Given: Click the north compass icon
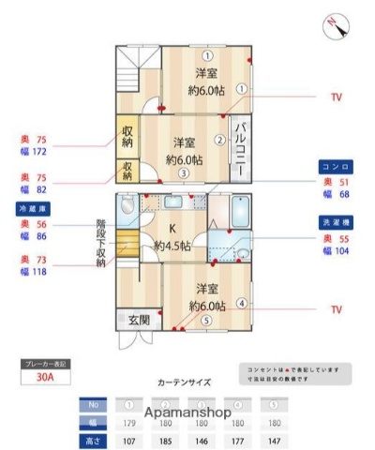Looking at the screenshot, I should pos(337,27).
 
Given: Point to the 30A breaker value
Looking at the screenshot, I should pos(45,380).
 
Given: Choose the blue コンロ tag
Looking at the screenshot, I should pos(336,163).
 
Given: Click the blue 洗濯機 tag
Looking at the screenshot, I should pos(336,223).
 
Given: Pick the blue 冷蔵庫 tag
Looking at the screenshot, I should pos(32,207).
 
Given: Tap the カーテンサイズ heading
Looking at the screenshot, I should pos(184,382).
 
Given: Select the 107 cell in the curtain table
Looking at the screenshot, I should pos(129,440).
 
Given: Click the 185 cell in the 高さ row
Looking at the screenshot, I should pos(166,440).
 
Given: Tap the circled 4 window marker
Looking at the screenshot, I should pos(242,303).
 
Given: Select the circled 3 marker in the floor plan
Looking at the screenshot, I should pos(185,172).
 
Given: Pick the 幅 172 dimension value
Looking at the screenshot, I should pos(34,150).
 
